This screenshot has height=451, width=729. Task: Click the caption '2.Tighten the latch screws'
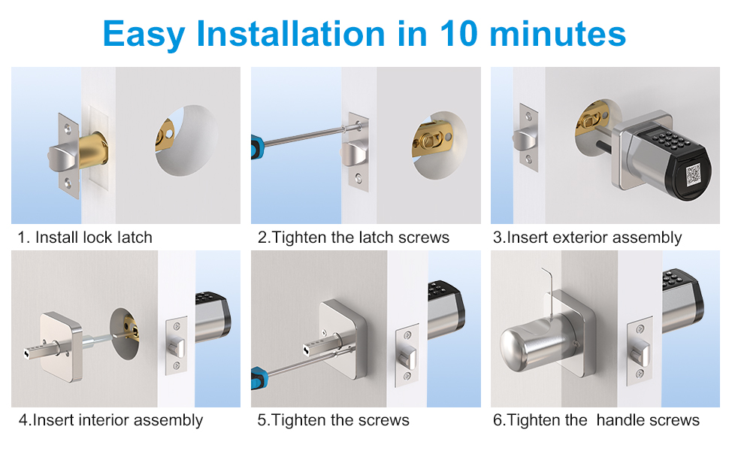(353, 238)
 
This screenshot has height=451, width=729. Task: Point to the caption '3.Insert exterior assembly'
(587, 238)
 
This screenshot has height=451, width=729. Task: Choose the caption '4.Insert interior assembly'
(110, 419)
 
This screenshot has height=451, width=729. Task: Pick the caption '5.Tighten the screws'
(333, 419)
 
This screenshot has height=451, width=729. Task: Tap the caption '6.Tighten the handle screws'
(596, 419)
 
